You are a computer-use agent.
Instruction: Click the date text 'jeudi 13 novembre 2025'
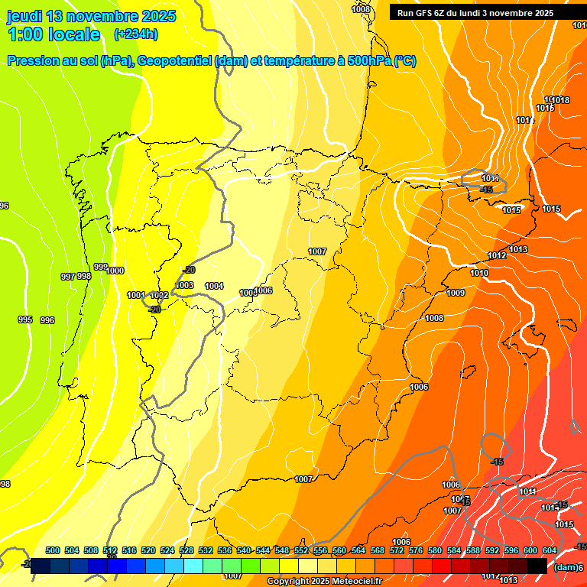click(91, 16)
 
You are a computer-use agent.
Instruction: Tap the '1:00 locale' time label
click(54, 34)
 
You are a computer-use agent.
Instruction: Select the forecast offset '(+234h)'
click(135, 34)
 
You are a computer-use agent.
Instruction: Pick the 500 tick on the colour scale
click(53, 550)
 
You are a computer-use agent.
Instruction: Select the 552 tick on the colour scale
click(301, 550)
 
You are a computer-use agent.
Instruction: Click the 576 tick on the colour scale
click(416, 550)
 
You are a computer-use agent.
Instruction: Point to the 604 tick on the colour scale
click(550, 550)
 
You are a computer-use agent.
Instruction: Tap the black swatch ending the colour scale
click(537, 566)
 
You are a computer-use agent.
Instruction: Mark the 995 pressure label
click(25, 319)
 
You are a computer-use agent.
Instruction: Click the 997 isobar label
click(68, 277)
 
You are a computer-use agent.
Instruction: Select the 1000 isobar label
click(115, 271)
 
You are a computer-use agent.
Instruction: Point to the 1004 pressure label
click(214, 287)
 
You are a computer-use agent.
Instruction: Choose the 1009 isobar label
click(456, 293)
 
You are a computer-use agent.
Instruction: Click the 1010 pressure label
click(479, 273)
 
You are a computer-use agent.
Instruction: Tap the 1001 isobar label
click(135, 295)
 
